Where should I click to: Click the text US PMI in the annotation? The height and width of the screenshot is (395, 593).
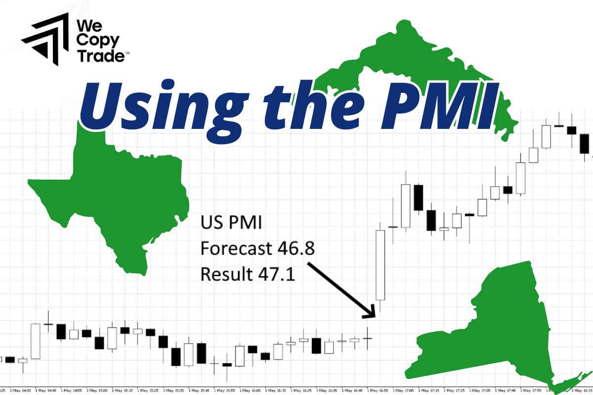point(231,223)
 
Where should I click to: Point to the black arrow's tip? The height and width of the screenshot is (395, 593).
point(373,316)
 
